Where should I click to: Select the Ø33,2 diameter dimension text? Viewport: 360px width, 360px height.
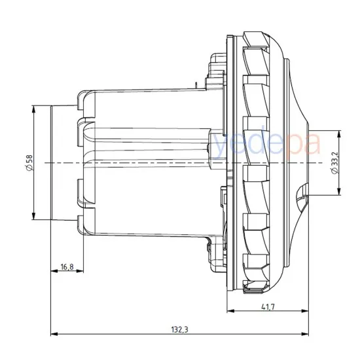pyautogui.click(x=334, y=162)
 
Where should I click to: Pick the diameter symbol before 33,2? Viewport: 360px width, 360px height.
pyautogui.click(x=334, y=172)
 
